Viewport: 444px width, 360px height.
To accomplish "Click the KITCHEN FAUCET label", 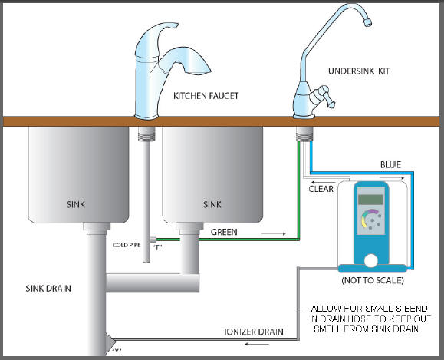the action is click(206, 96).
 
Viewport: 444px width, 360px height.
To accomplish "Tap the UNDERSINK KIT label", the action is click(359, 71).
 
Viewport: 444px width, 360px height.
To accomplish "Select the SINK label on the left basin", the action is click(76, 204).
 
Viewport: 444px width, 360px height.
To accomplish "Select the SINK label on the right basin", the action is click(212, 204).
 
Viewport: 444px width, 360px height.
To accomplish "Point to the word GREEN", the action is click(224, 232).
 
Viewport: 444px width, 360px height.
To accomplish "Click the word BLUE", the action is click(390, 165).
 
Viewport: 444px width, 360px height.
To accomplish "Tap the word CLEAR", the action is click(321, 189).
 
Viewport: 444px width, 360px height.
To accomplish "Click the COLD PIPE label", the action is click(127, 245).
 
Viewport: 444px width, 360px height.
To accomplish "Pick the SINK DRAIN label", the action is click(48, 289).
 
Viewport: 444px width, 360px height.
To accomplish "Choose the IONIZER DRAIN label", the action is click(254, 332).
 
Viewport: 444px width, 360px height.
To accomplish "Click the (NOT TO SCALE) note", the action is click(373, 280).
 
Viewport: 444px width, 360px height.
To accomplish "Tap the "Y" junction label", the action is click(117, 352).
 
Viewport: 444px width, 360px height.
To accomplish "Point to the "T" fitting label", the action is click(157, 247).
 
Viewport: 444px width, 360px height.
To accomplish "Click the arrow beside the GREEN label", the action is click(274, 234).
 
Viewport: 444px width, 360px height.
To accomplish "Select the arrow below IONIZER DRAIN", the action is click(257, 344).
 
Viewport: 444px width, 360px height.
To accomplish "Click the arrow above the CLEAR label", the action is click(323, 182).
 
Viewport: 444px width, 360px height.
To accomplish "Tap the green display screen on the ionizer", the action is click(370, 200).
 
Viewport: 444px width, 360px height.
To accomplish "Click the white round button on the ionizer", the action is click(371, 261).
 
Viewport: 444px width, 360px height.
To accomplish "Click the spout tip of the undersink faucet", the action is click(368, 22).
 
